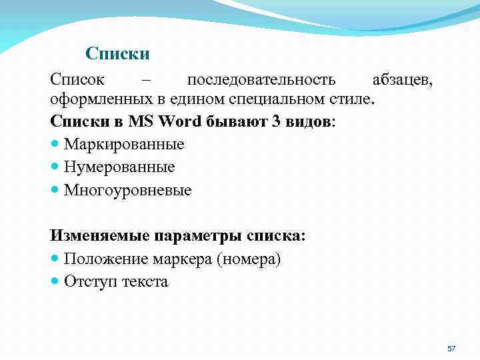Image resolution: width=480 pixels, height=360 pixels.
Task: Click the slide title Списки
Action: click(x=117, y=53)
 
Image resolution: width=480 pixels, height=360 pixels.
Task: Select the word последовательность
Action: click(x=261, y=81)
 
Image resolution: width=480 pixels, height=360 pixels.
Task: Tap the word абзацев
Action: click(x=402, y=81)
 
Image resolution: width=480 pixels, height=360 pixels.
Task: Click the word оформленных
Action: click(x=91, y=100)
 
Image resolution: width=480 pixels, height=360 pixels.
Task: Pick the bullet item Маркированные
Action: click(x=124, y=144)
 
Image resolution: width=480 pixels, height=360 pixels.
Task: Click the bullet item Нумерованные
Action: click(x=119, y=167)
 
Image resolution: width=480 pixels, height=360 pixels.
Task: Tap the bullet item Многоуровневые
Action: click(x=127, y=190)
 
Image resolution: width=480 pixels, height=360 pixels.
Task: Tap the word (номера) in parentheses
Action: click(x=248, y=259)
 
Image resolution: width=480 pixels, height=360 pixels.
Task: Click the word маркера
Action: click(x=185, y=259)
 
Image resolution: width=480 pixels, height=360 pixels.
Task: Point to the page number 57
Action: click(x=451, y=349)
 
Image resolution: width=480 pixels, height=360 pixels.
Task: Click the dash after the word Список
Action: click(x=146, y=81)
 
